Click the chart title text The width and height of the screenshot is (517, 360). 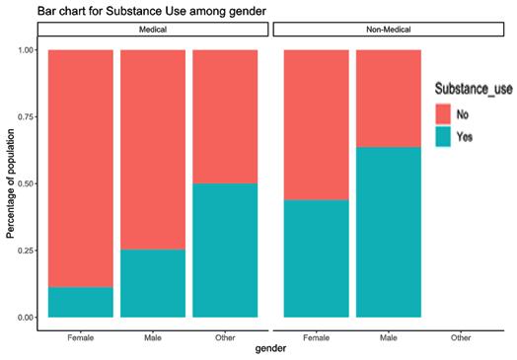coord(152,11)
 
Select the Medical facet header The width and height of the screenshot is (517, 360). coord(153,30)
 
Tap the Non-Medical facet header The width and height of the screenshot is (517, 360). coord(389,30)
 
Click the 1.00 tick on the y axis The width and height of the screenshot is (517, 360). coord(26,50)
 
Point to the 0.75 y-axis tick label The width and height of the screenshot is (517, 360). coord(26,117)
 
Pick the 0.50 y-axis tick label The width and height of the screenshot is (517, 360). coord(26,183)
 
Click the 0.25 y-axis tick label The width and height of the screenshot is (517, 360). coord(26,251)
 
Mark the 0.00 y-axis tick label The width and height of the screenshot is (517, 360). coord(26,318)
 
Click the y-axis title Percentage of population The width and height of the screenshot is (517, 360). coord(11,183)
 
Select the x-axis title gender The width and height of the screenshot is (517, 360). coord(270,348)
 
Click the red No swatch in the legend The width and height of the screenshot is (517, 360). coord(443,114)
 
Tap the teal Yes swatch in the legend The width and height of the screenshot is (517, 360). coord(443,136)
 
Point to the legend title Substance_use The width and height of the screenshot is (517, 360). coord(474,89)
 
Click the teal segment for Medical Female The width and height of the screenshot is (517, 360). coord(81,303)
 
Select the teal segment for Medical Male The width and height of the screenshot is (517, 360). coord(153,283)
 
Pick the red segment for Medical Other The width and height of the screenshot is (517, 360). coord(225,116)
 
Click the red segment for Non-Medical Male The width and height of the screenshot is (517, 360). coord(389,99)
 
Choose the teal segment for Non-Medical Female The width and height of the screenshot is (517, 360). coord(317,258)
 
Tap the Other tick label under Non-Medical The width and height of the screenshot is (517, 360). coord(461,337)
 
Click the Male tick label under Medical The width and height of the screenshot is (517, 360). coord(153,337)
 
